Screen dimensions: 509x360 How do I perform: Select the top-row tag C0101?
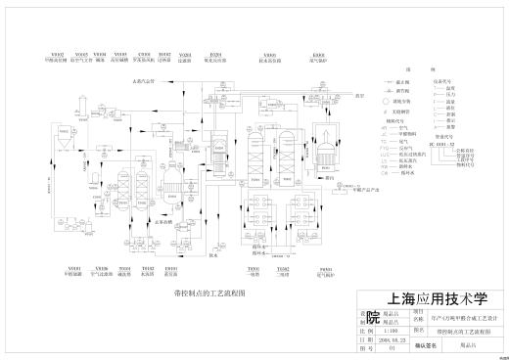(144, 53)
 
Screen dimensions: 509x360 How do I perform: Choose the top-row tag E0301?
(318, 53)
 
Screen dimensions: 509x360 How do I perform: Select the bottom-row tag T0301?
(253, 267)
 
